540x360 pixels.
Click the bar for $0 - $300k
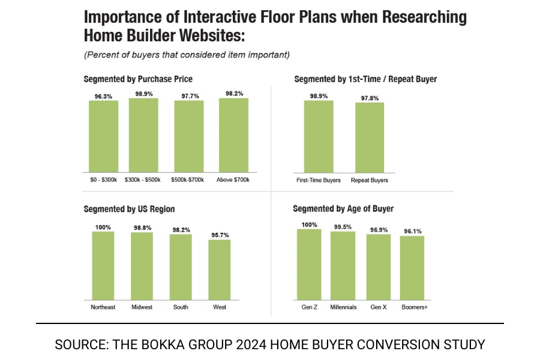point(104,136)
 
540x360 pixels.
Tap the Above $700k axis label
point(233,180)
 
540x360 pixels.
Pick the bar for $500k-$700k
point(189,136)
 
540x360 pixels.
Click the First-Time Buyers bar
point(319,136)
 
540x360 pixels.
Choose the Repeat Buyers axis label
point(370,180)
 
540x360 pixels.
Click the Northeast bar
point(103,266)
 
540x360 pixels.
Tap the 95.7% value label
point(219,235)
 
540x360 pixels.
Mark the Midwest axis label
point(142,307)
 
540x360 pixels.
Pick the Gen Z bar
point(309,265)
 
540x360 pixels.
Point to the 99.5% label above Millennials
point(343,227)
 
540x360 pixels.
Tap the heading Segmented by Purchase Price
point(138,79)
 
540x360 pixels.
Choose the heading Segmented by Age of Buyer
point(343,209)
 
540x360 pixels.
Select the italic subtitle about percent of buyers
point(187,55)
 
